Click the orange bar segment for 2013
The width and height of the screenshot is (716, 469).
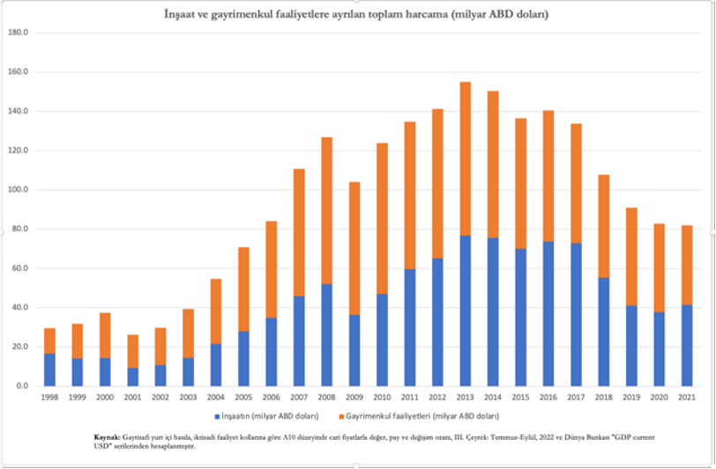click(x=466, y=159)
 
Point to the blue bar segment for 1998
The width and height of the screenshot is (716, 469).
click(x=50, y=369)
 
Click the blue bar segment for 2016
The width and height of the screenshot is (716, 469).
click(x=548, y=313)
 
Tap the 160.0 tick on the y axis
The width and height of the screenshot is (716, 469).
click(x=18, y=71)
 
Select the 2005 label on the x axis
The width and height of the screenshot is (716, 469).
click(x=242, y=398)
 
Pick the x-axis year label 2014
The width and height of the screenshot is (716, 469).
click(x=493, y=398)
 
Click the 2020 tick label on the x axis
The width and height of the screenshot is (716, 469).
click(x=658, y=398)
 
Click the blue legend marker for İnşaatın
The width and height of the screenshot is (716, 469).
click(x=215, y=414)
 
